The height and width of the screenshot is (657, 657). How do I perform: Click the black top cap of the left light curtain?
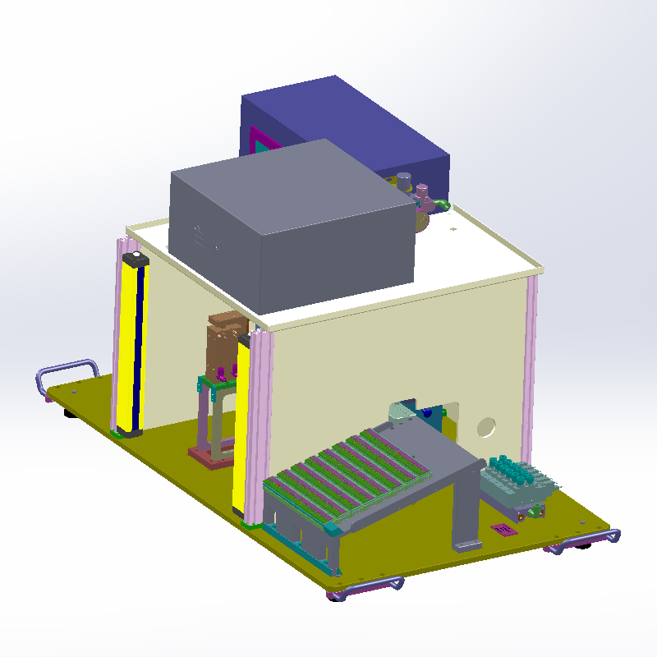tap(134, 260)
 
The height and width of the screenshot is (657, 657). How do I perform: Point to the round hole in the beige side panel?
tap(486, 426)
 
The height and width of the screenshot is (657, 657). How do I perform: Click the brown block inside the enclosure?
tap(224, 345)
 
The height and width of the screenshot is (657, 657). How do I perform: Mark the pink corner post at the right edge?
tap(530, 370)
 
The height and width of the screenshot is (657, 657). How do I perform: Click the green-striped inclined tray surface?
tap(349, 476)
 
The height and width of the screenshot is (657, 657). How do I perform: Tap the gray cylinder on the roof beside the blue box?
tap(405, 181)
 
